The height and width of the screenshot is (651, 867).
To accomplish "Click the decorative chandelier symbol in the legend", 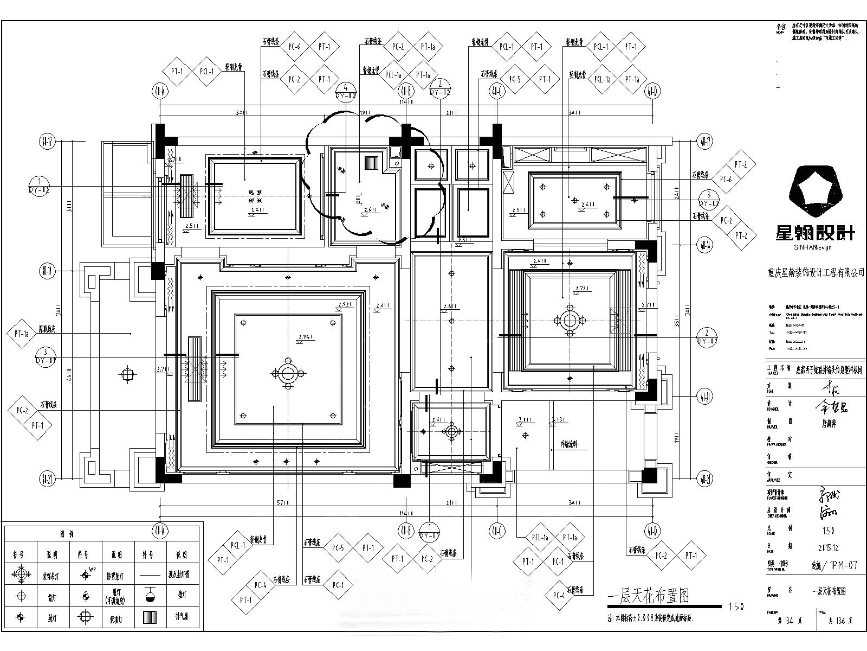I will click(x=21, y=574).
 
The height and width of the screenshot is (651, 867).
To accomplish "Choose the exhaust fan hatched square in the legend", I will click(x=150, y=617).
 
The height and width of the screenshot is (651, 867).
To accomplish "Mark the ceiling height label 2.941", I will click(x=306, y=337).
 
